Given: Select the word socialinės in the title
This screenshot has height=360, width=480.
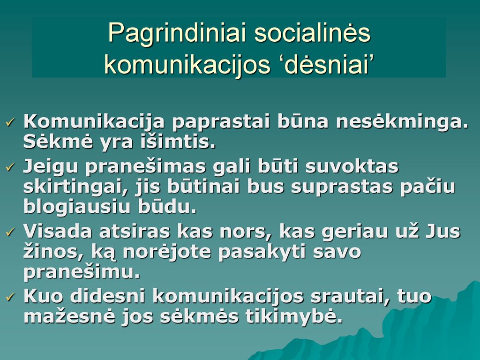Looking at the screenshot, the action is click(313, 32).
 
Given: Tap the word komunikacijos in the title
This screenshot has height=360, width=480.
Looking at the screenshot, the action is click(187, 65).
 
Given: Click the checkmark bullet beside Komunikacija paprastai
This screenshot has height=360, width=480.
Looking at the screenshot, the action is click(10, 123).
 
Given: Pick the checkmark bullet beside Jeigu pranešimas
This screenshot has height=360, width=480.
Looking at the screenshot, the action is click(10, 167).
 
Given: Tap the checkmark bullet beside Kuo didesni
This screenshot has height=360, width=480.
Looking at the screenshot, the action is click(10, 296).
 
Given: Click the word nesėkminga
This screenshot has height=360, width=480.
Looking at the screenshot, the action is click(402, 121).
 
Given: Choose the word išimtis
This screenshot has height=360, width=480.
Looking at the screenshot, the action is click(178, 142).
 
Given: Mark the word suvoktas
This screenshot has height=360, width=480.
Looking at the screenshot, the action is click(352, 166).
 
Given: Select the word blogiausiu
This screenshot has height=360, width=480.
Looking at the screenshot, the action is click(77, 207).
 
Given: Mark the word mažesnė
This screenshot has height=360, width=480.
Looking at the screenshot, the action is click(69, 316).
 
